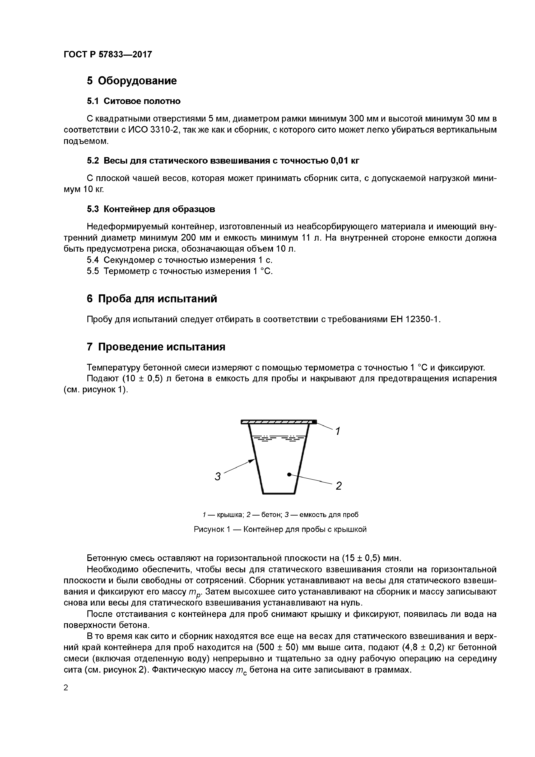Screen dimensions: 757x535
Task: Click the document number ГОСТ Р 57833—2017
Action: pyautogui.click(x=107, y=54)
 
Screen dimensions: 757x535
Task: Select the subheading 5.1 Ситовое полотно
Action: pyautogui.click(x=134, y=101)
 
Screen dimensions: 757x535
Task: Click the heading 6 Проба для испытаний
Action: pyautogui.click(x=152, y=299)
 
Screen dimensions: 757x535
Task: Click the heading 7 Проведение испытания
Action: pyautogui.click(x=156, y=347)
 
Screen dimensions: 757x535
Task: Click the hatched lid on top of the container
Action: pyautogui.click(x=277, y=422)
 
